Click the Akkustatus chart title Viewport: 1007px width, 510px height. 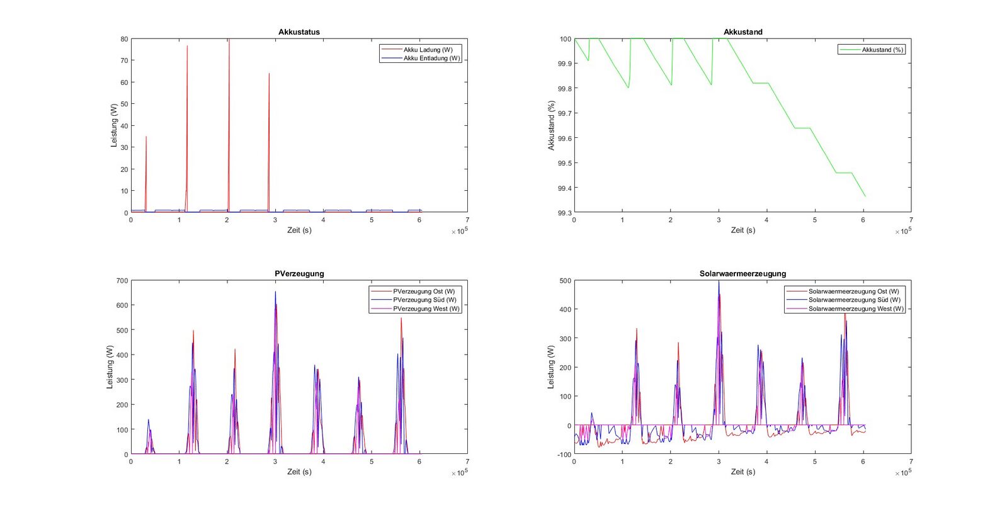coord(299,32)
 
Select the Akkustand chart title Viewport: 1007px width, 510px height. coord(742,32)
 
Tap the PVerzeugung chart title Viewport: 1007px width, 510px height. coord(299,274)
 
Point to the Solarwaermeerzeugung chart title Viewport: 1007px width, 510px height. coord(742,274)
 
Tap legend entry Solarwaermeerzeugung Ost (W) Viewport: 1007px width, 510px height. coord(853,292)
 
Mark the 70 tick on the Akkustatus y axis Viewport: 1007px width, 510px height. coord(124,60)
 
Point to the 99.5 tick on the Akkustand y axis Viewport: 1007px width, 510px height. coord(565,164)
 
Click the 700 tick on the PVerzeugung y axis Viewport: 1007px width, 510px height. coord(122,281)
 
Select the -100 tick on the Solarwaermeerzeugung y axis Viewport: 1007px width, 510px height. coord(564,454)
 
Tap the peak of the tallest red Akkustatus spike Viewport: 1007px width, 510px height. coord(229,40)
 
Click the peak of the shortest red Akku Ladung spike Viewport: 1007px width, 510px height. coord(146,137)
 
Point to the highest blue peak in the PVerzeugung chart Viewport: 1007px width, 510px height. coord(275,292)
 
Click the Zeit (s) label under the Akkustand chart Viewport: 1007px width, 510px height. coord(742,230)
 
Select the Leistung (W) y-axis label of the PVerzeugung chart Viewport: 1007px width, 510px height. coord(110,367)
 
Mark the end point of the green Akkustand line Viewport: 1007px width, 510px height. coord(865,196)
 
